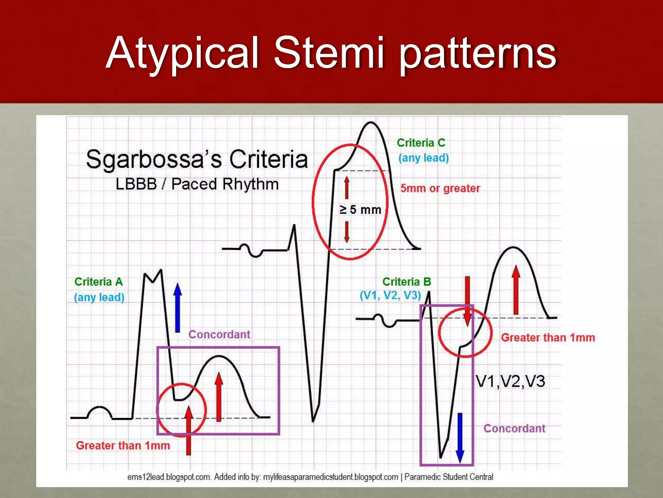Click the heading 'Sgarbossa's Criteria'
coord(197,160)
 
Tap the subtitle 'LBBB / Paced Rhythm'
coord(197,184)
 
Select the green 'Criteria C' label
coord(421,143)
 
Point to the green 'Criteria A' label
coord(99,282)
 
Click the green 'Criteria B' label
coord(407,282)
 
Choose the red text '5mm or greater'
coord(440,188)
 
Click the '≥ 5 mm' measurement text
coord(360,210)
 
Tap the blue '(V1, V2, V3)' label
coord(390,295)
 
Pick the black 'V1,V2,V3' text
coord(511,381)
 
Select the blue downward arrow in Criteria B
coord(460,437)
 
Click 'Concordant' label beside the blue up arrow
coord(219,334)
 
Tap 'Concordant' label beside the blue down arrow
coord(514,428)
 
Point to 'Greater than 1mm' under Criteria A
coord(123,445)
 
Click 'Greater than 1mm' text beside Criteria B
coord(548,338)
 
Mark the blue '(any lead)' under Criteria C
coord(423,158)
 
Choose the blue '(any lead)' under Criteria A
coord(99,297)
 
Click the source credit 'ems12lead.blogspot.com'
coord(169,477)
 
